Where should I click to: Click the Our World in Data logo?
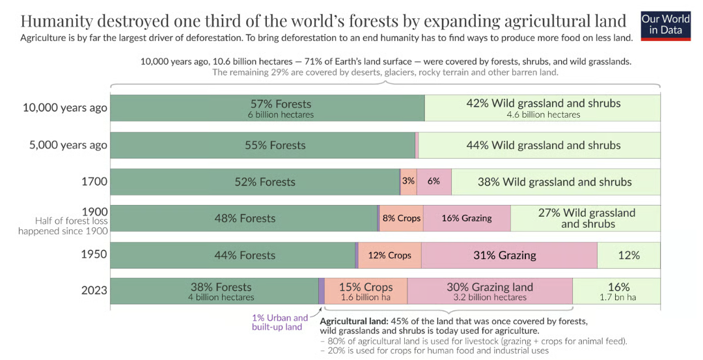[x=665, y=25]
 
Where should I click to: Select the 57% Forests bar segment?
[x=267, y=108]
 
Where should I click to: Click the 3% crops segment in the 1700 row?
[x=409, y=182]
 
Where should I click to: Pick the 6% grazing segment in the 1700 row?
[x=434, y=182]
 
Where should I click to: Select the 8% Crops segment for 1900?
[x=401, y=218]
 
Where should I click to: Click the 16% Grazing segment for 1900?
[x=467, y=218]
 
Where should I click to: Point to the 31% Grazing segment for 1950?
[x=508, y=255]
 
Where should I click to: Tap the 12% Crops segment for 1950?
[x=389, y=255]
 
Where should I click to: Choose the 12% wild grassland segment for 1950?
[x=628, y=255]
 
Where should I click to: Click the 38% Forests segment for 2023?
[x=214, y=291]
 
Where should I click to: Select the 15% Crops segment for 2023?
[x=366, y=291]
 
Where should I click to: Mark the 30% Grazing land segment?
[x=489, y=291]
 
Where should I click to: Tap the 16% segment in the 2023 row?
[x=617, y=291]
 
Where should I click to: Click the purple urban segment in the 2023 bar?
[x=322, y=291]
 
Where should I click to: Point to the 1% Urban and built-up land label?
[x=280, y=322]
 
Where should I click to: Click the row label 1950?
[x=94, y=254]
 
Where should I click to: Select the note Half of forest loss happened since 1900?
[x=63, y=227]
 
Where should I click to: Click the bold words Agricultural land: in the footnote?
[x=354, y=322]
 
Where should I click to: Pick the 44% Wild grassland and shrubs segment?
[x=542, y=145]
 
